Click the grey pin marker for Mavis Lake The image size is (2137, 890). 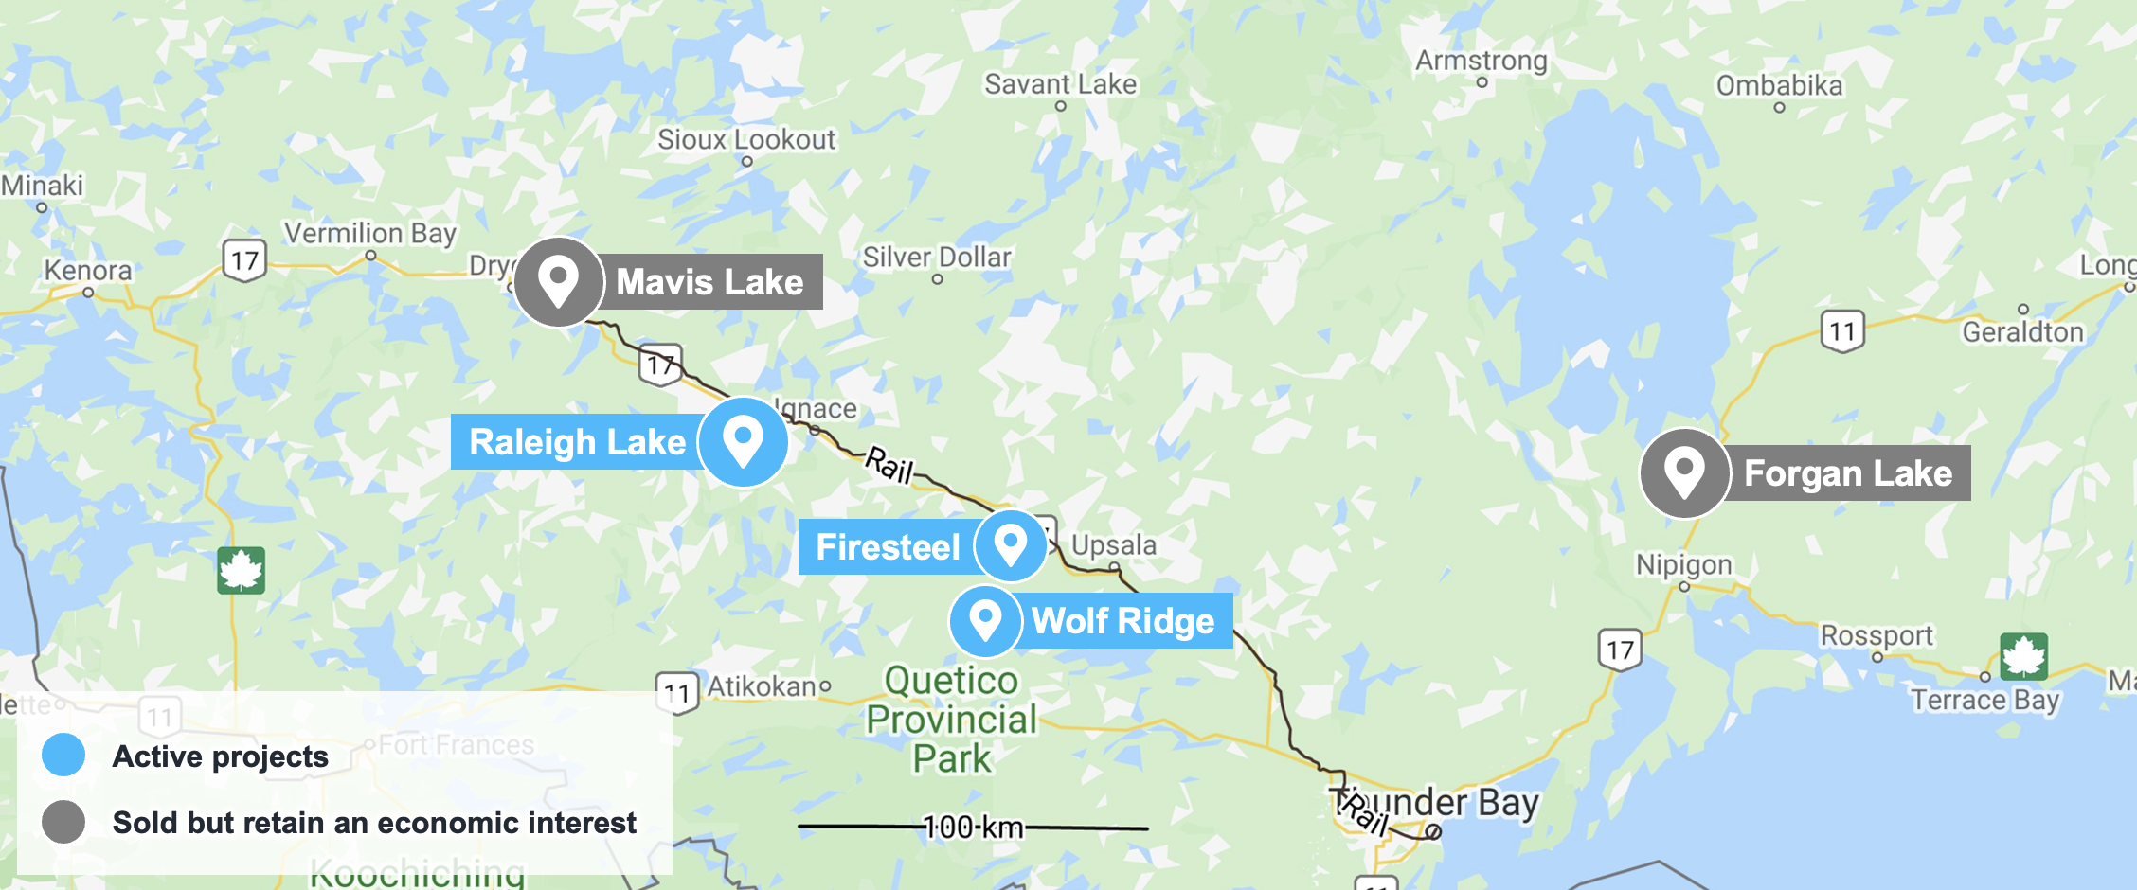558,281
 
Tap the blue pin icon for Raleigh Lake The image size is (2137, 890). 744,442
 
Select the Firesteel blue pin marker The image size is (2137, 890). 1011,545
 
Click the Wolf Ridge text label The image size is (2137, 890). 1123,621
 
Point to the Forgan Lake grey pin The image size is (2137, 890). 1684,472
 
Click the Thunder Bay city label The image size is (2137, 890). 1440,803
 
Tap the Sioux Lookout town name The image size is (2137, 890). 746,140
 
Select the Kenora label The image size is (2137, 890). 88,271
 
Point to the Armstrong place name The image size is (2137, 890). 1482,61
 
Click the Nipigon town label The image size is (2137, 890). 1683,565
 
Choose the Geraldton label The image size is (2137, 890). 2022,331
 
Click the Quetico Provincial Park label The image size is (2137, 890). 952,720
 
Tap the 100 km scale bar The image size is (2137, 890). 974,828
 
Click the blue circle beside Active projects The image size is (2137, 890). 63,756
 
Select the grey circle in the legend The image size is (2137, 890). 63,822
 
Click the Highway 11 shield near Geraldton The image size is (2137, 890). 1842,331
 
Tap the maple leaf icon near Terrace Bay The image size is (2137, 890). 2024,656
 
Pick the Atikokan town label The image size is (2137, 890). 763,686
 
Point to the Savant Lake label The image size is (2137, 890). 1060,84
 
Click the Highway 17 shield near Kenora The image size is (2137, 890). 244,260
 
